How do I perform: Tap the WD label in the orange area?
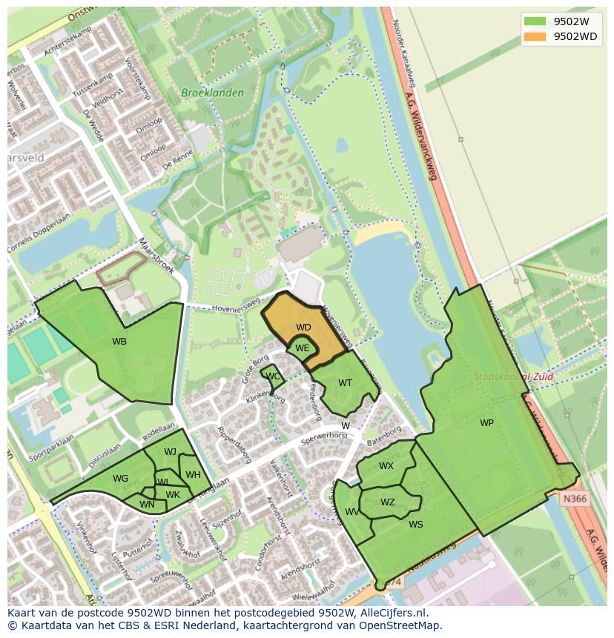click(303, 327)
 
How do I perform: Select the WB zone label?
click(119, 342)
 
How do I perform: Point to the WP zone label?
click(486, 423)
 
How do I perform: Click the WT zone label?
click(345, 383)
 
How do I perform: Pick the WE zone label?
click(302, 348)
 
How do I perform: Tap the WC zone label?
click(273, 376)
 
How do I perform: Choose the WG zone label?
click(121, 479)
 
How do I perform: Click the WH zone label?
click(193, 475)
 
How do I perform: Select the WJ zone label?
click(170, 452)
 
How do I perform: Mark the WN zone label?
click(147, 505)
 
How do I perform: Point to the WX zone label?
click(386, 466)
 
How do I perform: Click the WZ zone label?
click(387, 502)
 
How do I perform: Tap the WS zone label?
click(415, 525)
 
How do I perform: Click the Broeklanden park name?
click(202, 93)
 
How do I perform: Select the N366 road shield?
click(574, 499)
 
